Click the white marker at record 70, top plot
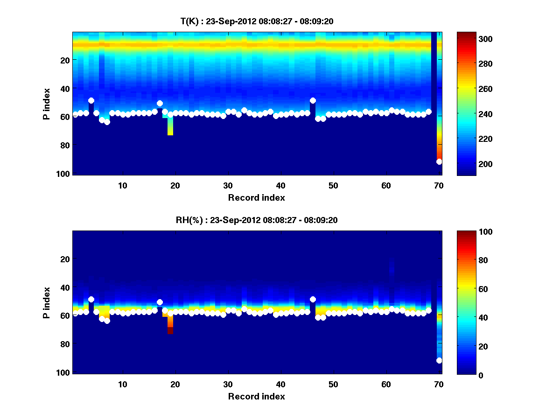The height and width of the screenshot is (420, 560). coord(439,161)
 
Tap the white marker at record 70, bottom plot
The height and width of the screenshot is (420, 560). coord(439,360)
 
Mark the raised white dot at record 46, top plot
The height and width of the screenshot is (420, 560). coord(313,100)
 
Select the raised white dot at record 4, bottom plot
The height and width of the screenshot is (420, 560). coord(91,299)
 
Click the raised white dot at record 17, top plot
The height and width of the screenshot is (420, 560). coord(160,103)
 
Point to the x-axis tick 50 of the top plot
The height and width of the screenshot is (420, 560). coord(333,185)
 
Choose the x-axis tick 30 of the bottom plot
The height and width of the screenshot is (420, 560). coord(228,384)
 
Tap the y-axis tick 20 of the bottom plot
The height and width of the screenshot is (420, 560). coord(65,259)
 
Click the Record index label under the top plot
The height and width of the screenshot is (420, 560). coord(256,197)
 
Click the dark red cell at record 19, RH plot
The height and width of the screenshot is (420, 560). coord(170,330)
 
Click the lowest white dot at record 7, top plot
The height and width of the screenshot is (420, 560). coord(107,122)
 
